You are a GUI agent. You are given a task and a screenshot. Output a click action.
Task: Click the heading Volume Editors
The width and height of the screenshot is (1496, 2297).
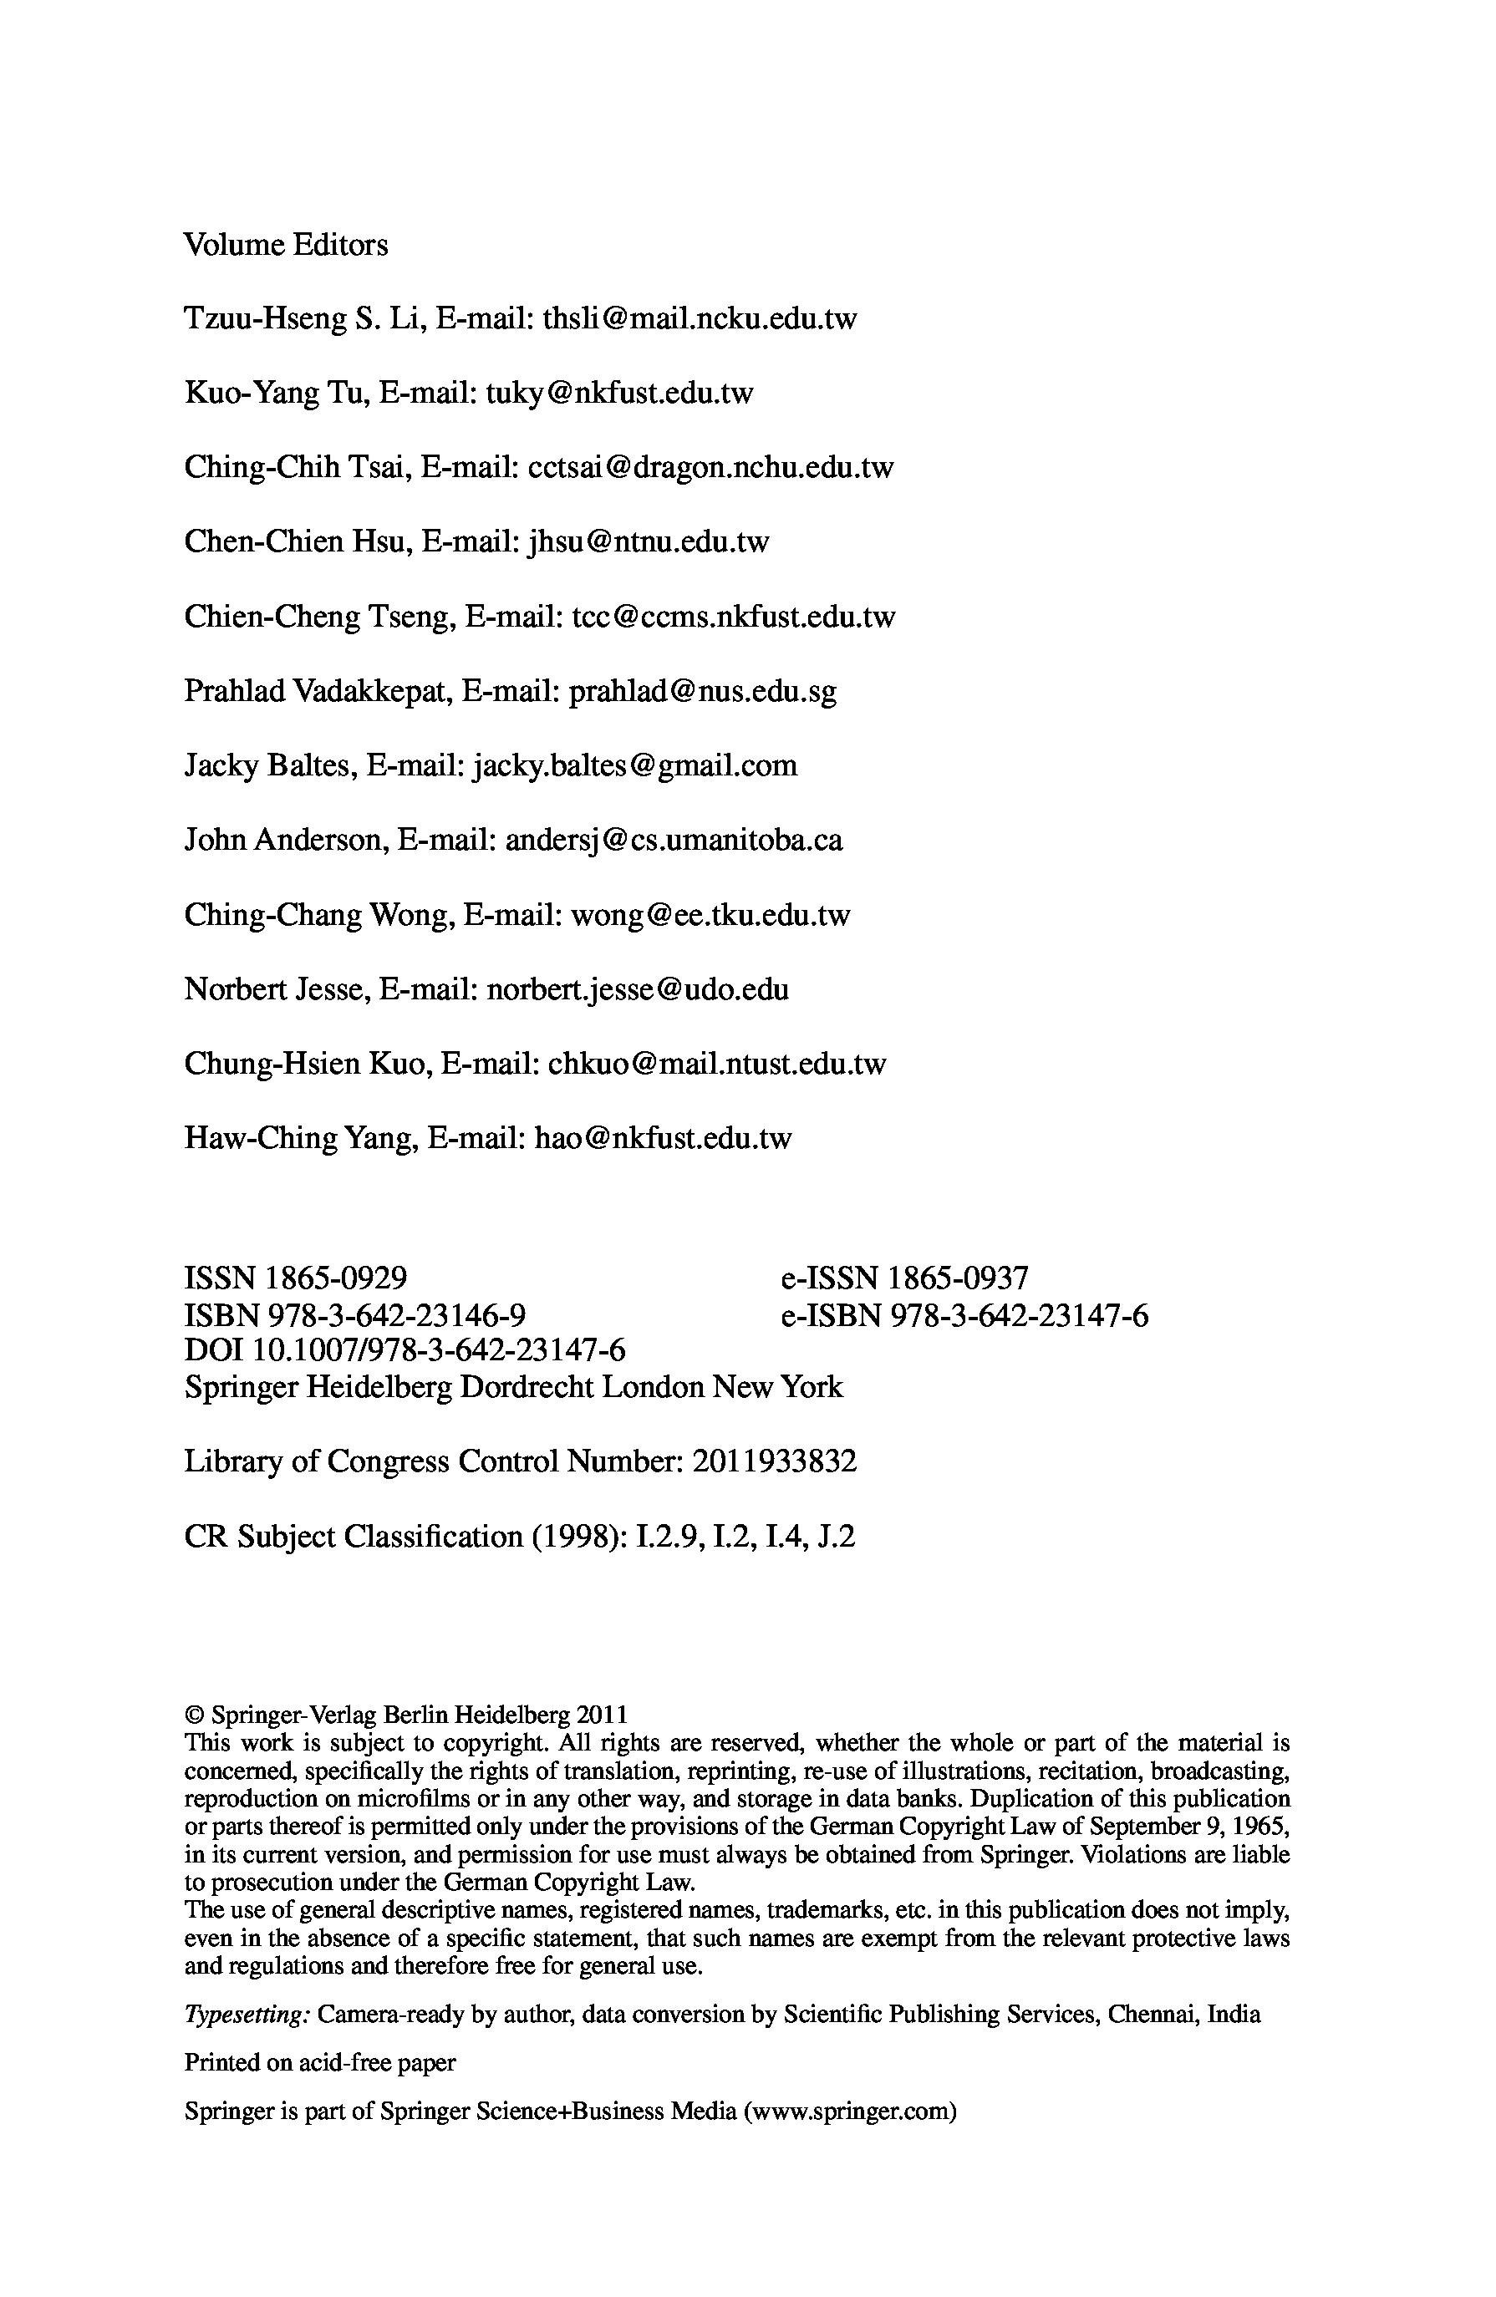(x=286, y=245)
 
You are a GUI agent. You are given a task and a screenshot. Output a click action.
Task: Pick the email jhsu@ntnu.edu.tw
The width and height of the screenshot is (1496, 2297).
(x=649, y=542)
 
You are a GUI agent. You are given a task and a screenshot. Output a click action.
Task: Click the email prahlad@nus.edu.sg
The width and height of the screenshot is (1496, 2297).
(x=703, y=691)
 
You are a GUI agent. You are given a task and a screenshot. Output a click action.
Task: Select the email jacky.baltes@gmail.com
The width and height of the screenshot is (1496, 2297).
(x=634, y=766)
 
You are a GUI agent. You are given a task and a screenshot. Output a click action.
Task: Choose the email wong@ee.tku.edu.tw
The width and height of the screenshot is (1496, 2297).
(x=710, y=915)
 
